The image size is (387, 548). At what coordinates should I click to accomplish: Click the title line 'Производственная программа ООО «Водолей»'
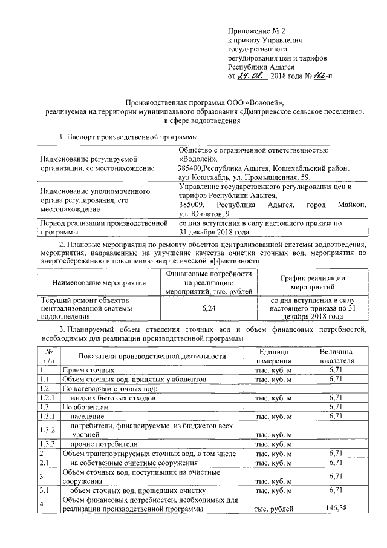(200, 102)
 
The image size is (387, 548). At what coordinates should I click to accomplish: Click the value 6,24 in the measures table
(209, 308)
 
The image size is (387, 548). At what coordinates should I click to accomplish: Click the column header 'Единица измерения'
(273, 356)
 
